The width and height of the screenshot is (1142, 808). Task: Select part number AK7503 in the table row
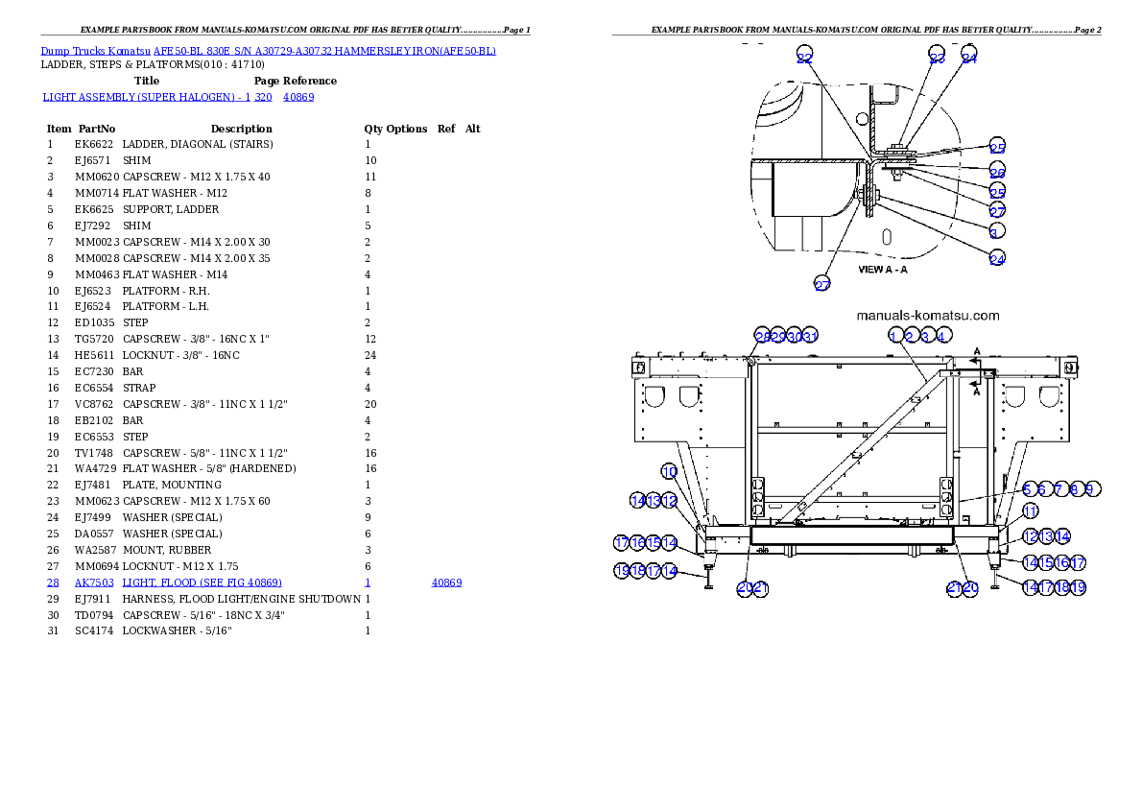tap(95, 582)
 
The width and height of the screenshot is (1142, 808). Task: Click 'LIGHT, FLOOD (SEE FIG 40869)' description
tap(202, 582)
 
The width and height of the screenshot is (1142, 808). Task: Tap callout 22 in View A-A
tap(804, 59)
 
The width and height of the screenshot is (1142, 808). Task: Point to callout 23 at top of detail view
tap(938, 58)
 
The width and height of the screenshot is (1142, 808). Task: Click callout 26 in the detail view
tap(997, 172)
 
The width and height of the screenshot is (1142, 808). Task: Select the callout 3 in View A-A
tap(993, 231)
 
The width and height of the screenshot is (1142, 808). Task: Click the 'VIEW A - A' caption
tap(882, 270)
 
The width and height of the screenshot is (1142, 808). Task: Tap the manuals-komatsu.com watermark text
tap(927, 316)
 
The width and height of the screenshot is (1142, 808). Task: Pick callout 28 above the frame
tap(762, 336)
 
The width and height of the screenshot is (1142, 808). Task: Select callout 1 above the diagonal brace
tap(894, 336)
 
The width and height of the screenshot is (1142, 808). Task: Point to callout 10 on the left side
tap(669, 471)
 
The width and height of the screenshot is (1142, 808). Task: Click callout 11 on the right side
tap(1029, 511)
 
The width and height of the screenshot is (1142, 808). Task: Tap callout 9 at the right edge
tap(1089, 489)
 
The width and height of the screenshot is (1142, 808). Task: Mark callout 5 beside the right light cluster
tap(1028, 489)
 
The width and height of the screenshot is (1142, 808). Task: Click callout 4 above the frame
tap(943, 336)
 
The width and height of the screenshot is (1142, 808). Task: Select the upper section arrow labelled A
tap(976, 353)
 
